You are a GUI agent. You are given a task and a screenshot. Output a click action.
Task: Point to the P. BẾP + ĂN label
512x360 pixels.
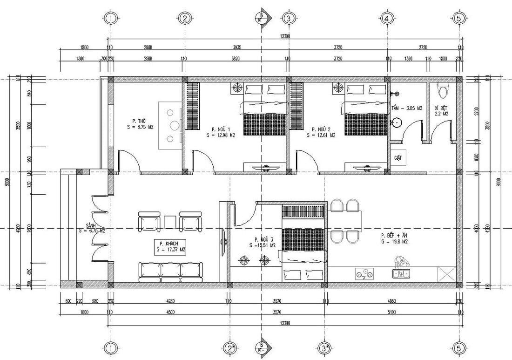click(394, 238)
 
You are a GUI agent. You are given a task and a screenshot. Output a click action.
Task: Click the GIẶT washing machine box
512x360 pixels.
click(398, 158)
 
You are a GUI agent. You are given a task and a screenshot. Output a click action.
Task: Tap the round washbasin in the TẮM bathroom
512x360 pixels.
click(397, 123)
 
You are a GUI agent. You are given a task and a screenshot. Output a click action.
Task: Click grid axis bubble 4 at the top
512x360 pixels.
click(387, 19)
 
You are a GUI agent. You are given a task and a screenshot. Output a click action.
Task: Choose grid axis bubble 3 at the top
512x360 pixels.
click(289, 19)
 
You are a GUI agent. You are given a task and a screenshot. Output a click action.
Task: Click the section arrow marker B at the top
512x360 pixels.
click(263, 17)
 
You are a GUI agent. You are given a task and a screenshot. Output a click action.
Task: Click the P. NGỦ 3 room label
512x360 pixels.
click(263, 242)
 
